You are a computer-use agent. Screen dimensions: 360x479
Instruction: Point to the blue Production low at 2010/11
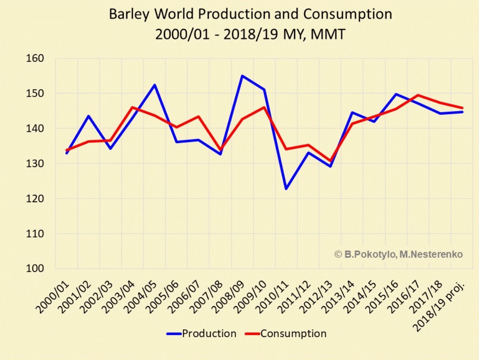tap(286, 189)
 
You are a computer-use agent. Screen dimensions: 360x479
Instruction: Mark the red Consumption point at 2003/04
tap(132, 107)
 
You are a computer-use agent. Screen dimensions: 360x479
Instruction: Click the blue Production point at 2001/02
tap(89, 116)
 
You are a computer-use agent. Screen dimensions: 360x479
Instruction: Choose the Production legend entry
tap(201, 333)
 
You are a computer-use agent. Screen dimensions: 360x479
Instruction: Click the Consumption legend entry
tap(286, 333)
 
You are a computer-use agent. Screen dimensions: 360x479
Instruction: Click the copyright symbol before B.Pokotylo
tap(338, 254)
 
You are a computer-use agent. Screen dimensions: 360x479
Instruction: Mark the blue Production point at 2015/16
tap(396, 94)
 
